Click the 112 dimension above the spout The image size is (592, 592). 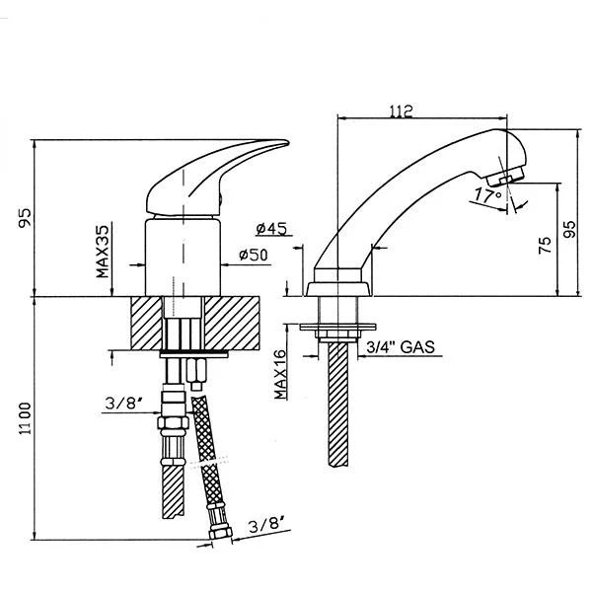(428, 111)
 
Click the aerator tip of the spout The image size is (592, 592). (509, 176)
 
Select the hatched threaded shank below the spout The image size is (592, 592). (338, 405)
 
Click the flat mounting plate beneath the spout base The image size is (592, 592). (338, 326)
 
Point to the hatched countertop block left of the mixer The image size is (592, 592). (146, 322)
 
